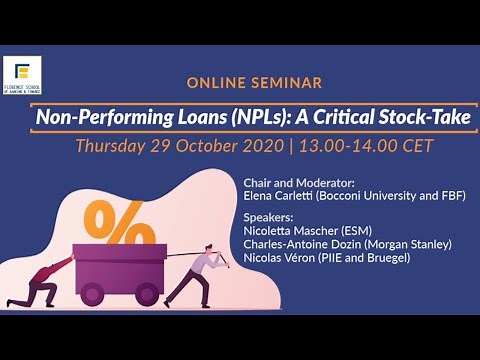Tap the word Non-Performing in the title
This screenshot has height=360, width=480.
pos(95,116)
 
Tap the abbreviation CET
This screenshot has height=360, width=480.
pos(416,145)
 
